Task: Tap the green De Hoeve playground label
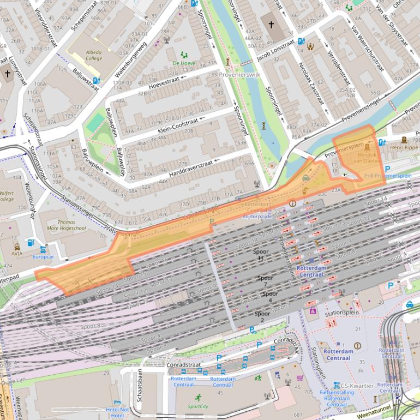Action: click(x=183, y=63)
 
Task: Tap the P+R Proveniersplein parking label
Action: click(x=387, y=176)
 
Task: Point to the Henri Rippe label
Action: click(x=404, y=147)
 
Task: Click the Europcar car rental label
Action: click(x=43, y=256)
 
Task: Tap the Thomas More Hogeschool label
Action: click(x=67, y=225)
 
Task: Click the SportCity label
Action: click(x=198, y=406)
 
